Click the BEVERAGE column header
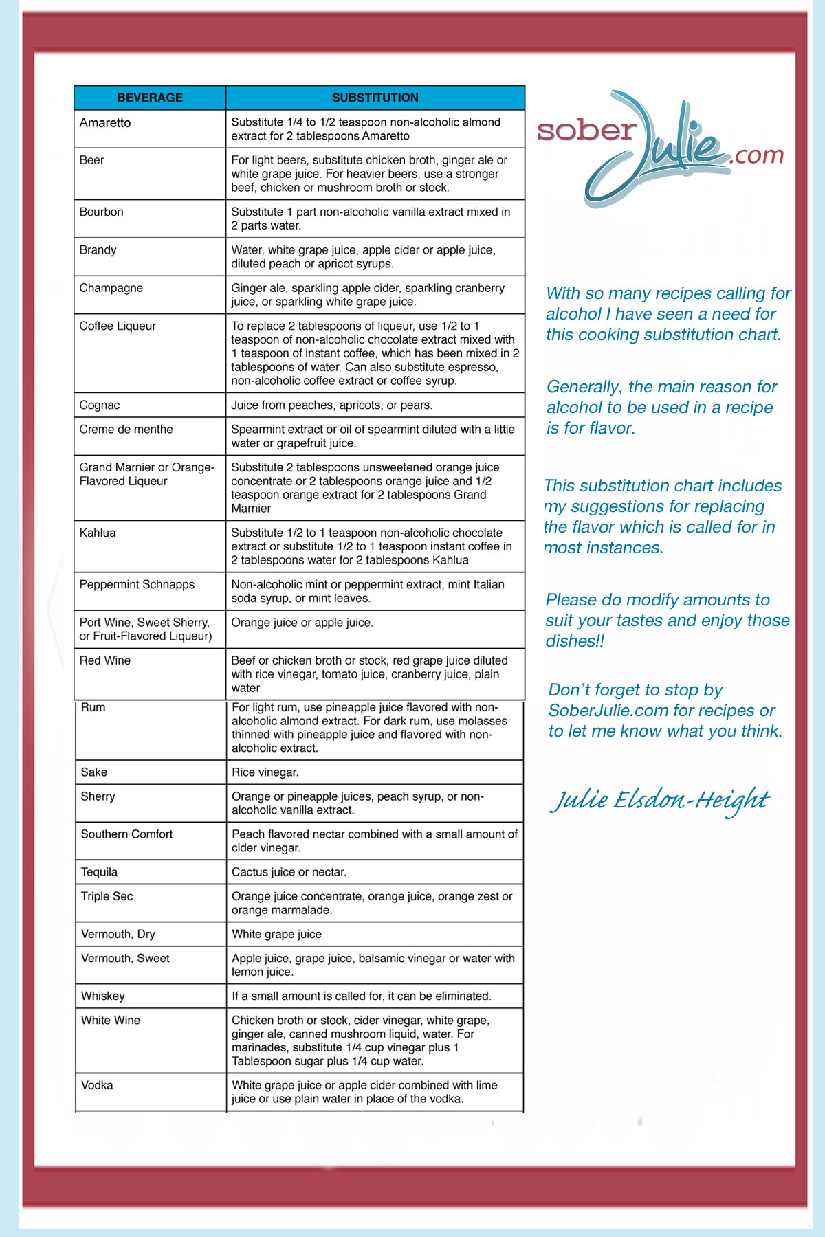150,98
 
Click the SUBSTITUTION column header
375,98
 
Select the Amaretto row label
105,123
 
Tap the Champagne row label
111,288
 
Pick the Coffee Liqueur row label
118,326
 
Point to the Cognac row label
100,405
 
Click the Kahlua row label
98,533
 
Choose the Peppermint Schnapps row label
137,584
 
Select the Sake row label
94,772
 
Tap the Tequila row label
100,872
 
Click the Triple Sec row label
107,896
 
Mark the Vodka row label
97,1085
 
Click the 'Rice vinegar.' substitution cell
265,772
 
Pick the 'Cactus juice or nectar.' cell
289,872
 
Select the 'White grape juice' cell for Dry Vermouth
277,934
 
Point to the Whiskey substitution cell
362,996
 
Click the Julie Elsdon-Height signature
660,801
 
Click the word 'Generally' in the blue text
584,387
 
